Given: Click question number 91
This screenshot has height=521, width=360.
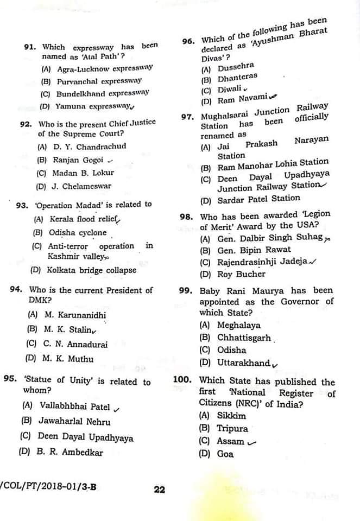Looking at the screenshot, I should click(31, 47).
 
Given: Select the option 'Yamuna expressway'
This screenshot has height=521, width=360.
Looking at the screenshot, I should click(92, 106).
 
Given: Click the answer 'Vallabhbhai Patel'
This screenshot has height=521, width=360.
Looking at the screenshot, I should click(74, 406).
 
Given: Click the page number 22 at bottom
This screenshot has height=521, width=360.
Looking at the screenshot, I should click(159, 490).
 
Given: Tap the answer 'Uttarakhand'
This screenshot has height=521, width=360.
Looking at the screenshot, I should click(243, 363).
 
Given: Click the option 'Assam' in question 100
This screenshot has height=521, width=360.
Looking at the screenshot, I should click(231, 442).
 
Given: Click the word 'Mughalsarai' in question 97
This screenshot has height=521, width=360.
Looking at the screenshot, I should click(224, 116).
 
